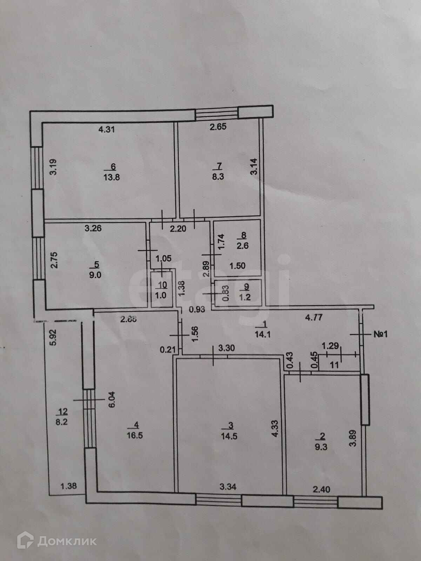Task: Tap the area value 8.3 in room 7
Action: pos(218,176)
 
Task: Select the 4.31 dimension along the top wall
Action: pos(106,129)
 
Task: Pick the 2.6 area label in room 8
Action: pos(242,246)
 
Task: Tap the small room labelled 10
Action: pos(161,285)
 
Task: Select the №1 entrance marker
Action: pos(380,334)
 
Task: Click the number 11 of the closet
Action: pos(334,365)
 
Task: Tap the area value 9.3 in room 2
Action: pos(321,447)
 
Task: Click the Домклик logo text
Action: pos(67,541)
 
